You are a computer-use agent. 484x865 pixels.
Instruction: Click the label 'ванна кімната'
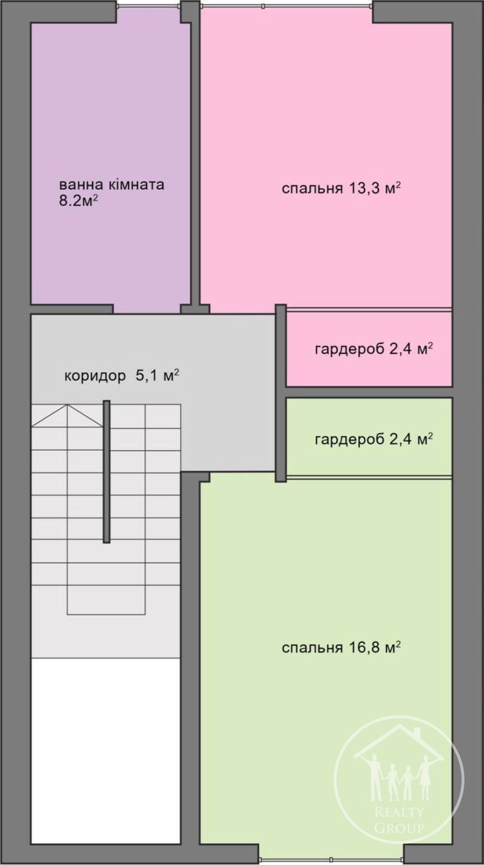pos(111,184)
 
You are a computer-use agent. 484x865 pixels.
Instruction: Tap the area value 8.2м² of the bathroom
pos(77,201)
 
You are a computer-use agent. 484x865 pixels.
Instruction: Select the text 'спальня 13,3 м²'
pos(341,189)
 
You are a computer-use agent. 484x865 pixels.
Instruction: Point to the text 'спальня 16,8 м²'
pos(341,648)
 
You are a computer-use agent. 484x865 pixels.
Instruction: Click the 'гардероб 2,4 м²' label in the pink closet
pos(374,349)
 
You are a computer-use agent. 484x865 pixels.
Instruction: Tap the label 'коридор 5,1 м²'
pos(121,375)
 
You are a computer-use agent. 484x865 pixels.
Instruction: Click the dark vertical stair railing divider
pos(107,471)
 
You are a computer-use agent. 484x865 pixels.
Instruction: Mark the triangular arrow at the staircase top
pos(68,416)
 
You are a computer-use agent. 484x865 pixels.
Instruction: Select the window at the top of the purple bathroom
pos(149,6)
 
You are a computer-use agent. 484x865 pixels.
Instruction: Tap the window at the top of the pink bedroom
pos(286,6)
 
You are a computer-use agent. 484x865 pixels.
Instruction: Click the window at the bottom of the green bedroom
pos(331,859)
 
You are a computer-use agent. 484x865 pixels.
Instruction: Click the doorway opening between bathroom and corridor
pos(147,309)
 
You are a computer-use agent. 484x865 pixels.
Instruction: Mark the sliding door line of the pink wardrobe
pos(369,309)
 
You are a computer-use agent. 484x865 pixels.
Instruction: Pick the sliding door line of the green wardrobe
pos(369,477)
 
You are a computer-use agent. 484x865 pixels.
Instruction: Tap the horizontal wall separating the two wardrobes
pos(369,392)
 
